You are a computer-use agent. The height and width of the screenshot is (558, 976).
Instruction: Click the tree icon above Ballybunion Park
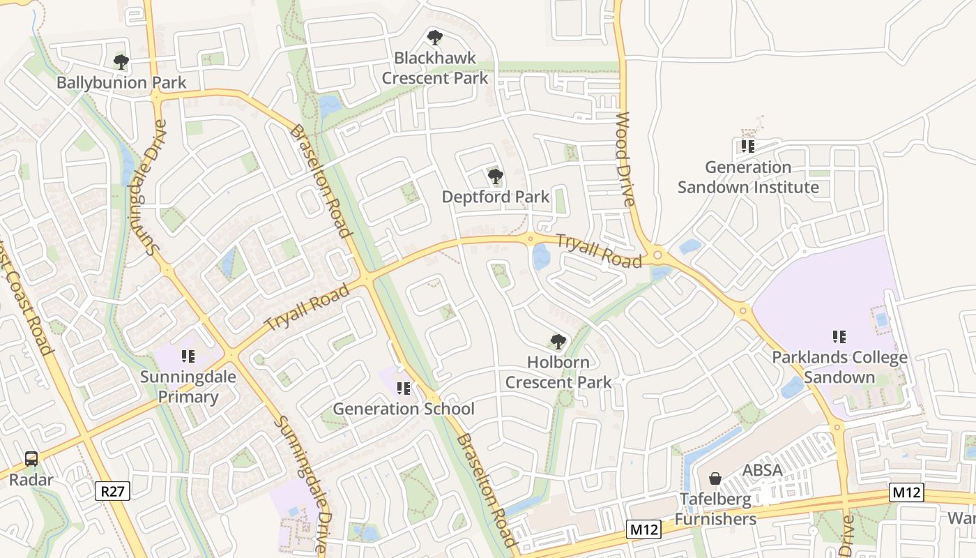pos(121,62)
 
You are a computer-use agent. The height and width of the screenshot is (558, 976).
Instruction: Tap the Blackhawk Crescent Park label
pos(435,68)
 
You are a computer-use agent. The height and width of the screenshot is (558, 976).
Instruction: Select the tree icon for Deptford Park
pos(495,176)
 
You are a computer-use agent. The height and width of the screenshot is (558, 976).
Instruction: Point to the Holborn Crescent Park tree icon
pos(558,342)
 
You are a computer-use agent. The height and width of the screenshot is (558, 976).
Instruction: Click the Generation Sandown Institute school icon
pos(748,146)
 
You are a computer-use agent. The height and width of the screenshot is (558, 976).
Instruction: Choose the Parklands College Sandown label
pos(839,368)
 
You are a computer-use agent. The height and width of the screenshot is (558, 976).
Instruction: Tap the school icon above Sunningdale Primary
pos(188,357)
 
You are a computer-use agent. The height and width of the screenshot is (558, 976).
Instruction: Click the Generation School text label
pos(403,409)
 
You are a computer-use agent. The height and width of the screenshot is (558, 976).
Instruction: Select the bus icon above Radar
pos(31,458)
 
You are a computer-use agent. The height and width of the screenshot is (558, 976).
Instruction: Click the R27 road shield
pos(112,491)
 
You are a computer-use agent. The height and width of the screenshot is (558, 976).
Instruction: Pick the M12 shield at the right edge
pos(907,492)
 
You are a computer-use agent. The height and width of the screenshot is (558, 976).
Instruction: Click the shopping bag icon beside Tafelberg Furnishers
pos(715,478)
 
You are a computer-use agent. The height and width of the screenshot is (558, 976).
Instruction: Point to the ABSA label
pos(762,470)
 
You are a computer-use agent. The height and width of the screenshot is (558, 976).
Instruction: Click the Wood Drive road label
pos(625,160)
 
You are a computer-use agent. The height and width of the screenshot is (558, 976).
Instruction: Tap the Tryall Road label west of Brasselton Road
pos(307,308)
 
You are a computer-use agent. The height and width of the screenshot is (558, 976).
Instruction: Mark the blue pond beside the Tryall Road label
pos(541,257)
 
